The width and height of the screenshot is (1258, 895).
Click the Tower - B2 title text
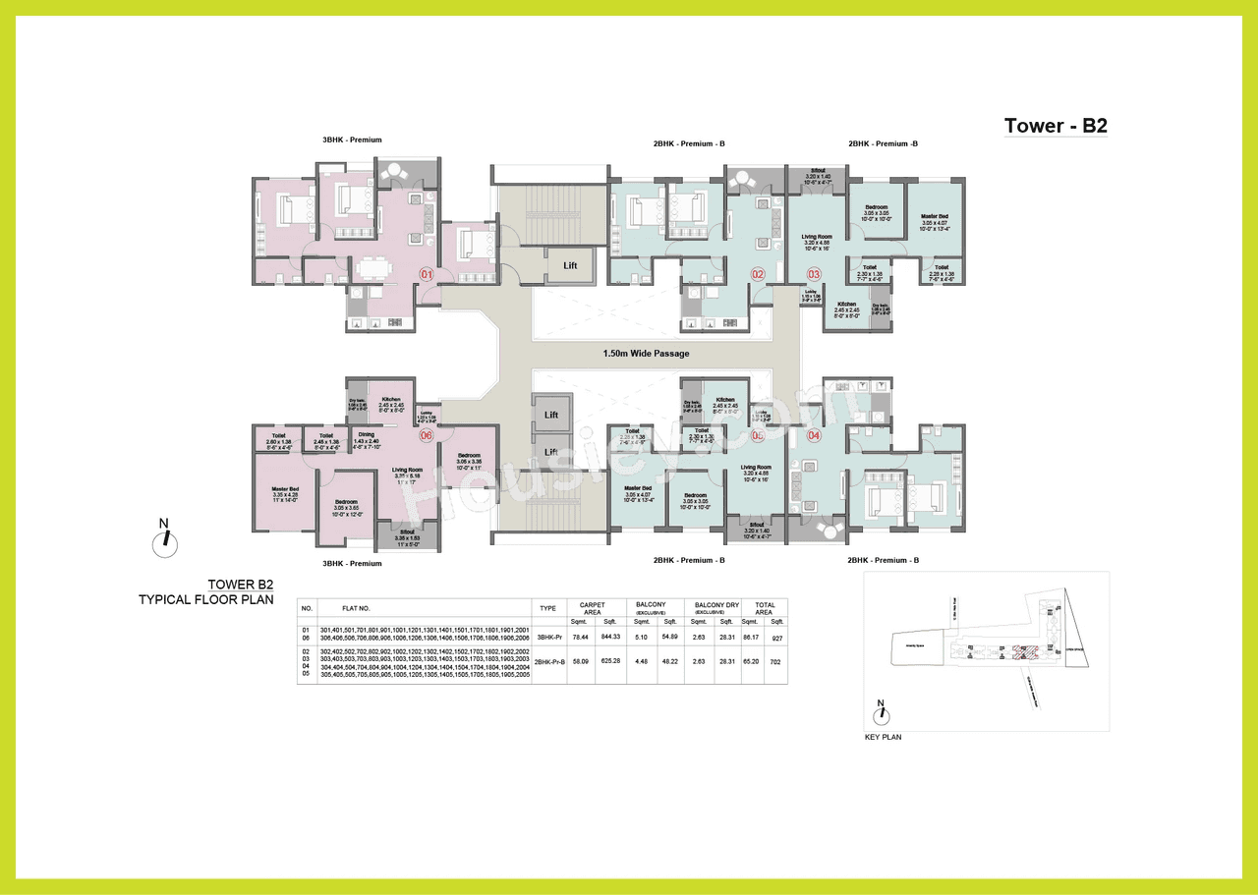click(1055, 126)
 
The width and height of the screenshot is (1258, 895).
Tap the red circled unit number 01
click(427, 274)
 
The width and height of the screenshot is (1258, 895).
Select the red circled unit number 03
click(814, 274)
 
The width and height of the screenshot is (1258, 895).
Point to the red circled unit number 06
click(427, 435)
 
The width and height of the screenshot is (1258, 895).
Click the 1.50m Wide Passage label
click(646, 354)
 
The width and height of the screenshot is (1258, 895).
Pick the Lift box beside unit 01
click(570, 265)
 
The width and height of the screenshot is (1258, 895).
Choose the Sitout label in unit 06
click(406, 533)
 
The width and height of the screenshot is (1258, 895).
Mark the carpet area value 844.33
click(610, 638)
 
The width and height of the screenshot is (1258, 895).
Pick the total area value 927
click(777, 638)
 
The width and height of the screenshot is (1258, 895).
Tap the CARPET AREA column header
click(593, 609)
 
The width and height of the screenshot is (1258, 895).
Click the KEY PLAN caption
click(883, 737)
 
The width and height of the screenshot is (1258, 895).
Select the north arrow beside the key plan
click(881, 706)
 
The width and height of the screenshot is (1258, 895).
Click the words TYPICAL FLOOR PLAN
click(205, 599)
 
